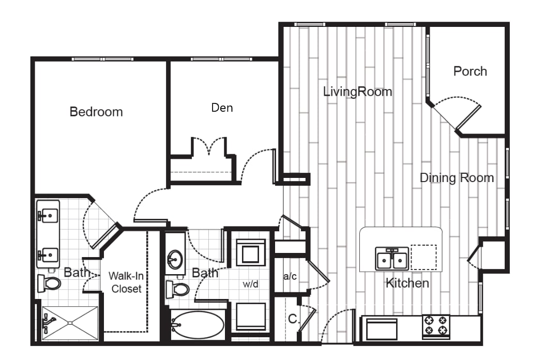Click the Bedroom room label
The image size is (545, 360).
pyautogui.click(x=96, y=112)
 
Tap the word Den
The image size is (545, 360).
pyautogui.click(x=222, y=108)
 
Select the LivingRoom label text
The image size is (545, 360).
pyautogui.click(x=357, y=92)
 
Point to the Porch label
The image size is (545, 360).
pyautogui.click(x=470, y=71)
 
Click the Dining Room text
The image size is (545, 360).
pyautogui.click(x=456, y=178)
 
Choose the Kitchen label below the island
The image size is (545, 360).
pyautogui.click(x=407, y=283)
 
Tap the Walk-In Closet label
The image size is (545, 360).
pyautogui.click(x=126, y=282)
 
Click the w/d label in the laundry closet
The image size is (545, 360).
pyautogui.click(x=251, y=284)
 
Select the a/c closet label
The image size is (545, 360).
pyautogui.click(x=289, y=276)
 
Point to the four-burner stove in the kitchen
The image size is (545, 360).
pyautogui.click(x=436, y=326)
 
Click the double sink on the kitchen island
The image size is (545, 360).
pyautogui.click(x=392, y=259)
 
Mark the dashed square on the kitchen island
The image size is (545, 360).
pyautogui.click(x=423, y=257)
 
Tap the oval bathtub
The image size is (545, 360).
pyautogui.click(x=198, y=325)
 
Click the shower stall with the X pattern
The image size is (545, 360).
pyautogui.click(x=70, y=323)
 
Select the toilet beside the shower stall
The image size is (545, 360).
pyautogui.click(x=50, y=283)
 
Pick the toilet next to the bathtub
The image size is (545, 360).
pyautogui.click(x=178, y=288)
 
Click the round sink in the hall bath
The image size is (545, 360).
pyautogui.click(x=176, y=257)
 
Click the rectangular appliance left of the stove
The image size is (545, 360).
pyautogui.click(x=382, y=329)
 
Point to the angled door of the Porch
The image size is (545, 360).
pyautogui.click(x=469, y=117)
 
